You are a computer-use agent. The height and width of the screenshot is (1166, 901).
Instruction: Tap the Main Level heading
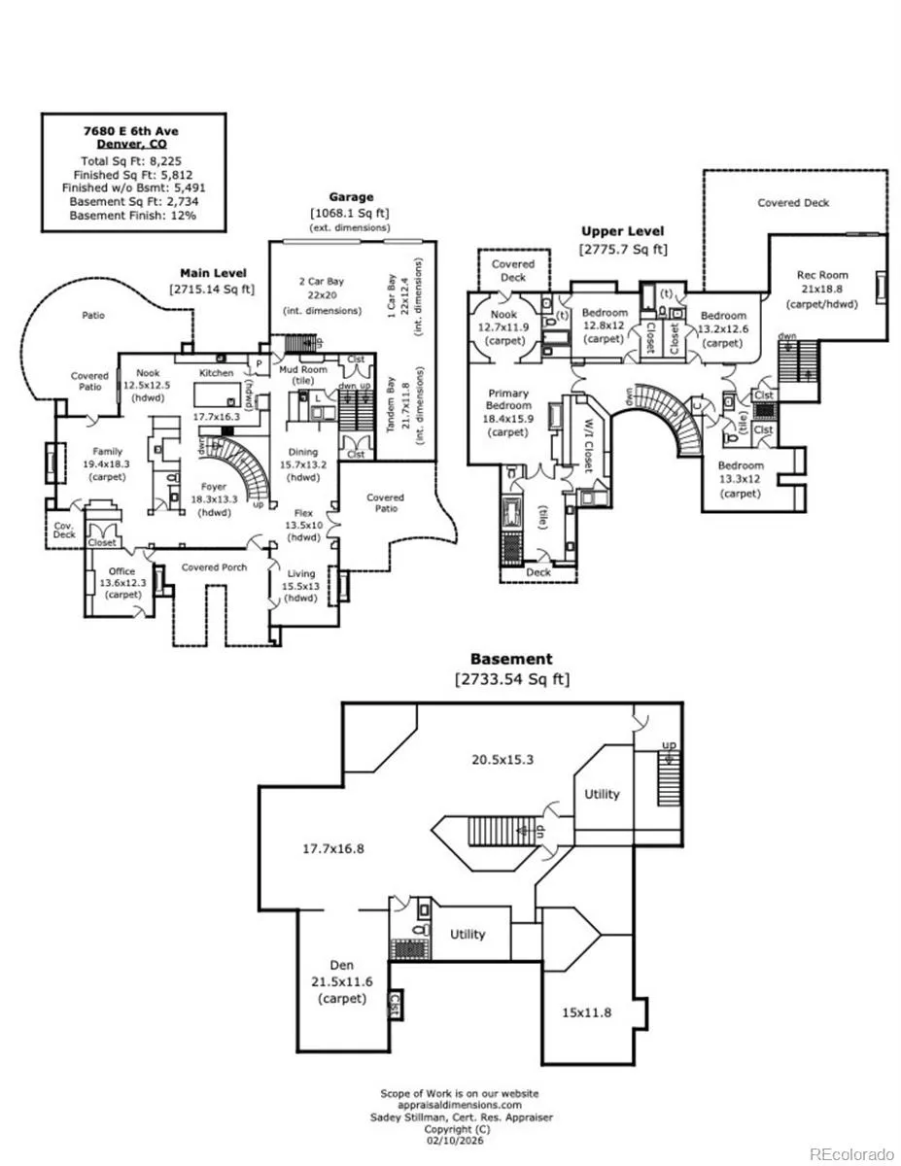pos(213,273)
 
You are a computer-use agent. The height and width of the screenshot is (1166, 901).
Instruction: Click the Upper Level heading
pos(622,231)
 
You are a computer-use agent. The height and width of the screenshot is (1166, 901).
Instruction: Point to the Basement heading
pos(511,659)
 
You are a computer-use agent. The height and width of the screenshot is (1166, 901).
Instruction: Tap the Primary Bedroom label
pos(509,399)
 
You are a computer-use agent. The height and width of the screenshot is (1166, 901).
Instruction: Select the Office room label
pos(122,572)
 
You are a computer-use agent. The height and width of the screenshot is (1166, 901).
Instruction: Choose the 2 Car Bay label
pos(321,282)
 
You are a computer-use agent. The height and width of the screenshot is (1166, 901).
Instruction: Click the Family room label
pos(108,451)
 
